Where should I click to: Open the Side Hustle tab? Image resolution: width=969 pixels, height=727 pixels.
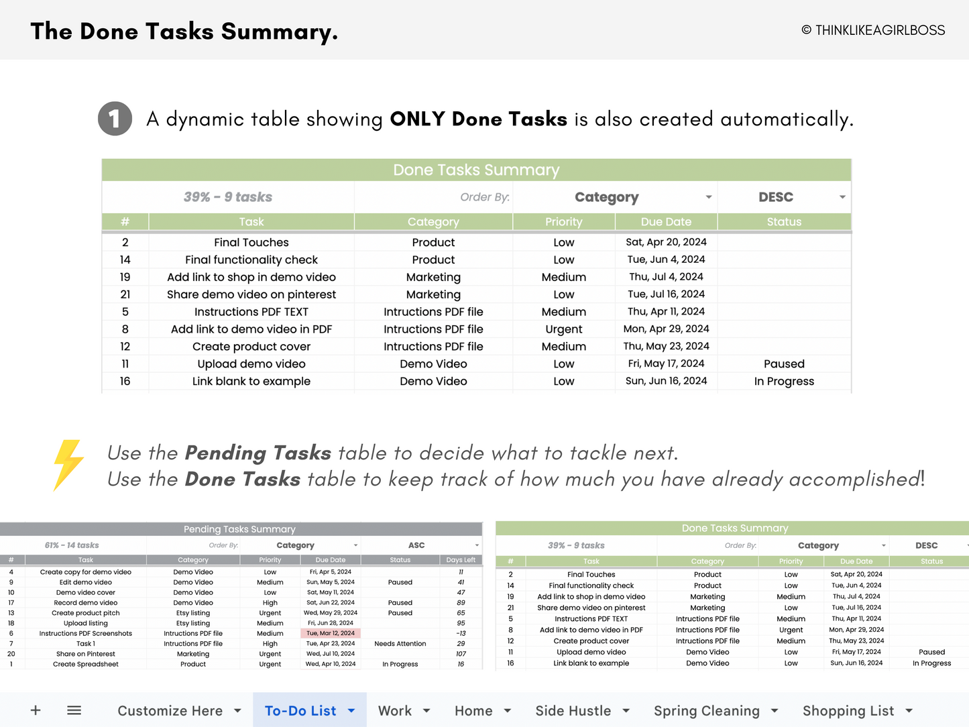(x=573, y=711)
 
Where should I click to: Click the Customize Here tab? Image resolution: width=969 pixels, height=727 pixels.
(x=170, y=711)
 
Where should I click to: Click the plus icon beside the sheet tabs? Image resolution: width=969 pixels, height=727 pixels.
(x=36, y=710)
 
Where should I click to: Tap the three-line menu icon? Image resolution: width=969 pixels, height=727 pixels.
(x=74, y=710)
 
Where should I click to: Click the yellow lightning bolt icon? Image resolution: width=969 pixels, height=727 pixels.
(x=68, y=465)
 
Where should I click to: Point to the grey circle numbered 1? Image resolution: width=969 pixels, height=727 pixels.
(x=115, y=119)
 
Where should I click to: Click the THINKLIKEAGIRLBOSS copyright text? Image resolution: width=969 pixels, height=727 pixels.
(x=873, y=30)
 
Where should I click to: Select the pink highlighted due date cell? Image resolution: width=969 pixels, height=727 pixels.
(x=331, y=633)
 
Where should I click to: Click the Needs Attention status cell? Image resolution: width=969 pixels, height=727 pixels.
(x=400, y=644)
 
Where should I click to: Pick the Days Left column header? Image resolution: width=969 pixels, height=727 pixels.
(x=461, y=560)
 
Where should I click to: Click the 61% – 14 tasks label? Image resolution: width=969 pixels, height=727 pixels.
(x=72, y=545)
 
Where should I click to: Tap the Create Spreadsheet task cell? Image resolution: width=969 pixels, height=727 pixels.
(x=86, y=664)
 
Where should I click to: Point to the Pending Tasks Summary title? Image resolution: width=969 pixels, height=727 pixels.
(x=239, y=529)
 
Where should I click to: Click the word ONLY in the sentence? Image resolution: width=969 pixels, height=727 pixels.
(x=417, y=119)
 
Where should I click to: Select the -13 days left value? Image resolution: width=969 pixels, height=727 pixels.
(x=461, y=633)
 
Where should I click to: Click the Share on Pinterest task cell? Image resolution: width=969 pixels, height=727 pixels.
(x=86, y=654)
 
